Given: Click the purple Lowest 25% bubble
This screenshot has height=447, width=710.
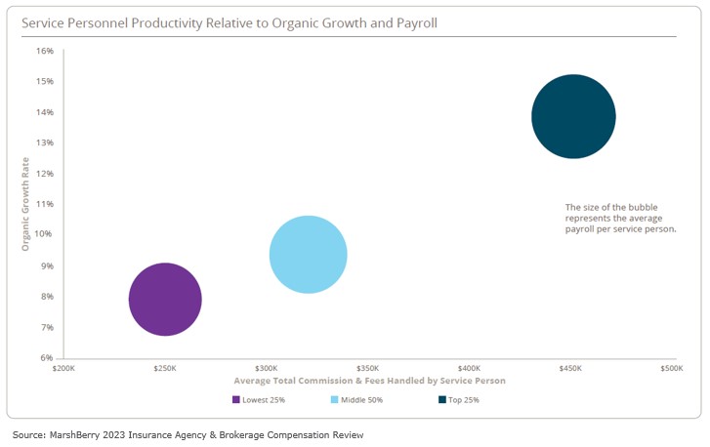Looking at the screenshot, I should pyautogui.click(x=165, y=300).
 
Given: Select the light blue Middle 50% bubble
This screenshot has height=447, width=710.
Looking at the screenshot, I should pyautogui.click(x=308, y=255).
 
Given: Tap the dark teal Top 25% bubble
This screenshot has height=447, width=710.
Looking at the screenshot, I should pyautogui.click(x=573, y=116).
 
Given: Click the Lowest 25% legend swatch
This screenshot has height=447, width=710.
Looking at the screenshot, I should pyautogui.click(x=236, y=399).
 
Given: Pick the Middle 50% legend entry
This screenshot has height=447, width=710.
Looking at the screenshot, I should pyautogui.click(x=363, y=399).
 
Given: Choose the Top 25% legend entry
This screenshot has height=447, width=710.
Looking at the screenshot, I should pyautogui.click(x=463, y=399).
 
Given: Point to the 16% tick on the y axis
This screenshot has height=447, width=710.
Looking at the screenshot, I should pyautogui.click(x=45, y=51).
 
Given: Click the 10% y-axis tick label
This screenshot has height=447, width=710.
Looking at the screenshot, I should pyautogui.click(x=45, y=234).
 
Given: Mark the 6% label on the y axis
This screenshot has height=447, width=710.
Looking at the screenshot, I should pyautogui.click(x=47, y=357).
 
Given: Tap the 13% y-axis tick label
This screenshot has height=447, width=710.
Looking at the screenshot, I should pyautogui.click(x=45, y=142).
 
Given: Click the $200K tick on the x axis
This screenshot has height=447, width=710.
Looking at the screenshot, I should pyautogui.click(x=63, y=369).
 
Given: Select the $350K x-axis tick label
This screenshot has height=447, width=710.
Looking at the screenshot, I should pyautogui.click(x=367, y=369).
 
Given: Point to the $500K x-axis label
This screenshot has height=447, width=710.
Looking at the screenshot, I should pyautogui.click(x=671, y=369).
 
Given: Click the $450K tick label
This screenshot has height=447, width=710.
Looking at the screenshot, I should pyautogui.click(x=570, y=369).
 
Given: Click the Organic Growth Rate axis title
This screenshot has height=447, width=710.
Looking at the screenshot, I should pyautogui.click(x=26, y=204).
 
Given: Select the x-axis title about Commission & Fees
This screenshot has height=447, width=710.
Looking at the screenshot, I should pyautogui.click(x=369, y=380).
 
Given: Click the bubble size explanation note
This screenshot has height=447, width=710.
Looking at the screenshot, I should pyautogui.click(x=620, y=218).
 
